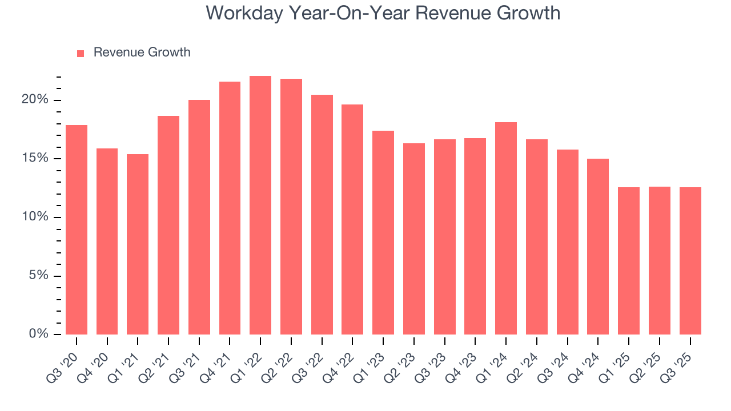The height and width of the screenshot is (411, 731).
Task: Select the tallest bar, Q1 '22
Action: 260,205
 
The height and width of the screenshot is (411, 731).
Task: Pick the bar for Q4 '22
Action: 352,220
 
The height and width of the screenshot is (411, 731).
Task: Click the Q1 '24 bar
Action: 506,228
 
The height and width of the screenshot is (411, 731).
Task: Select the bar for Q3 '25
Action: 690,261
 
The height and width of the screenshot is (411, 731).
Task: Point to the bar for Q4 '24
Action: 598,247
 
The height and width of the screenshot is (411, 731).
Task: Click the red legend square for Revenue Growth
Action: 81,53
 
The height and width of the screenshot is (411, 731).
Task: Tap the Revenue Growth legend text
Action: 142,53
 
